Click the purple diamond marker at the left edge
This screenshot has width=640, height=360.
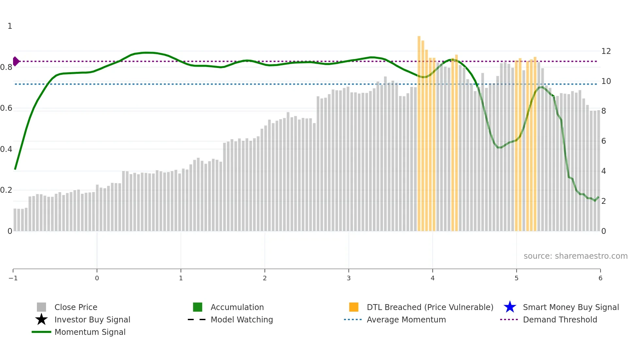[16, 61]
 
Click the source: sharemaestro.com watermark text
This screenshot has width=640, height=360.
[575, 256]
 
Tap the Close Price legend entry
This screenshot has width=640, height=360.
[76, 307]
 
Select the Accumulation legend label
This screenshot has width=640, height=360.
[237, 307]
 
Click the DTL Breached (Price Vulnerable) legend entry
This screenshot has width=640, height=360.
[430, 307]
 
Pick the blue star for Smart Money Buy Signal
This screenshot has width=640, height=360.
[510, 307]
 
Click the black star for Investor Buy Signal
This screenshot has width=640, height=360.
[41, 319]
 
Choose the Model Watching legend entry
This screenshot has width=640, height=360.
[242, 320]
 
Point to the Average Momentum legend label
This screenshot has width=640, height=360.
[406, 320]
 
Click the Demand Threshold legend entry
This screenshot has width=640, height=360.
[560, 320]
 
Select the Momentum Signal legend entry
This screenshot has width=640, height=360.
[90, 332]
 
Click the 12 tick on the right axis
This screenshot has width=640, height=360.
[606, 51]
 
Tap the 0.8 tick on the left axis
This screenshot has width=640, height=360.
[6, 67]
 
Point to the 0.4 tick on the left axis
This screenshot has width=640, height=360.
[6, 149]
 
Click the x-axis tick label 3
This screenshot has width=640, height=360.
[349, 278]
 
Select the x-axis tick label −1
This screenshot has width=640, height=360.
[13, 278]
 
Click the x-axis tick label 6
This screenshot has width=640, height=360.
[600, 278]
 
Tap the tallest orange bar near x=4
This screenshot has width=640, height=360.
[419, 131]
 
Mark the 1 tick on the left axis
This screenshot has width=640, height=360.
[10, 26]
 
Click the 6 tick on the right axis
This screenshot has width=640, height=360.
[604, 141]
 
